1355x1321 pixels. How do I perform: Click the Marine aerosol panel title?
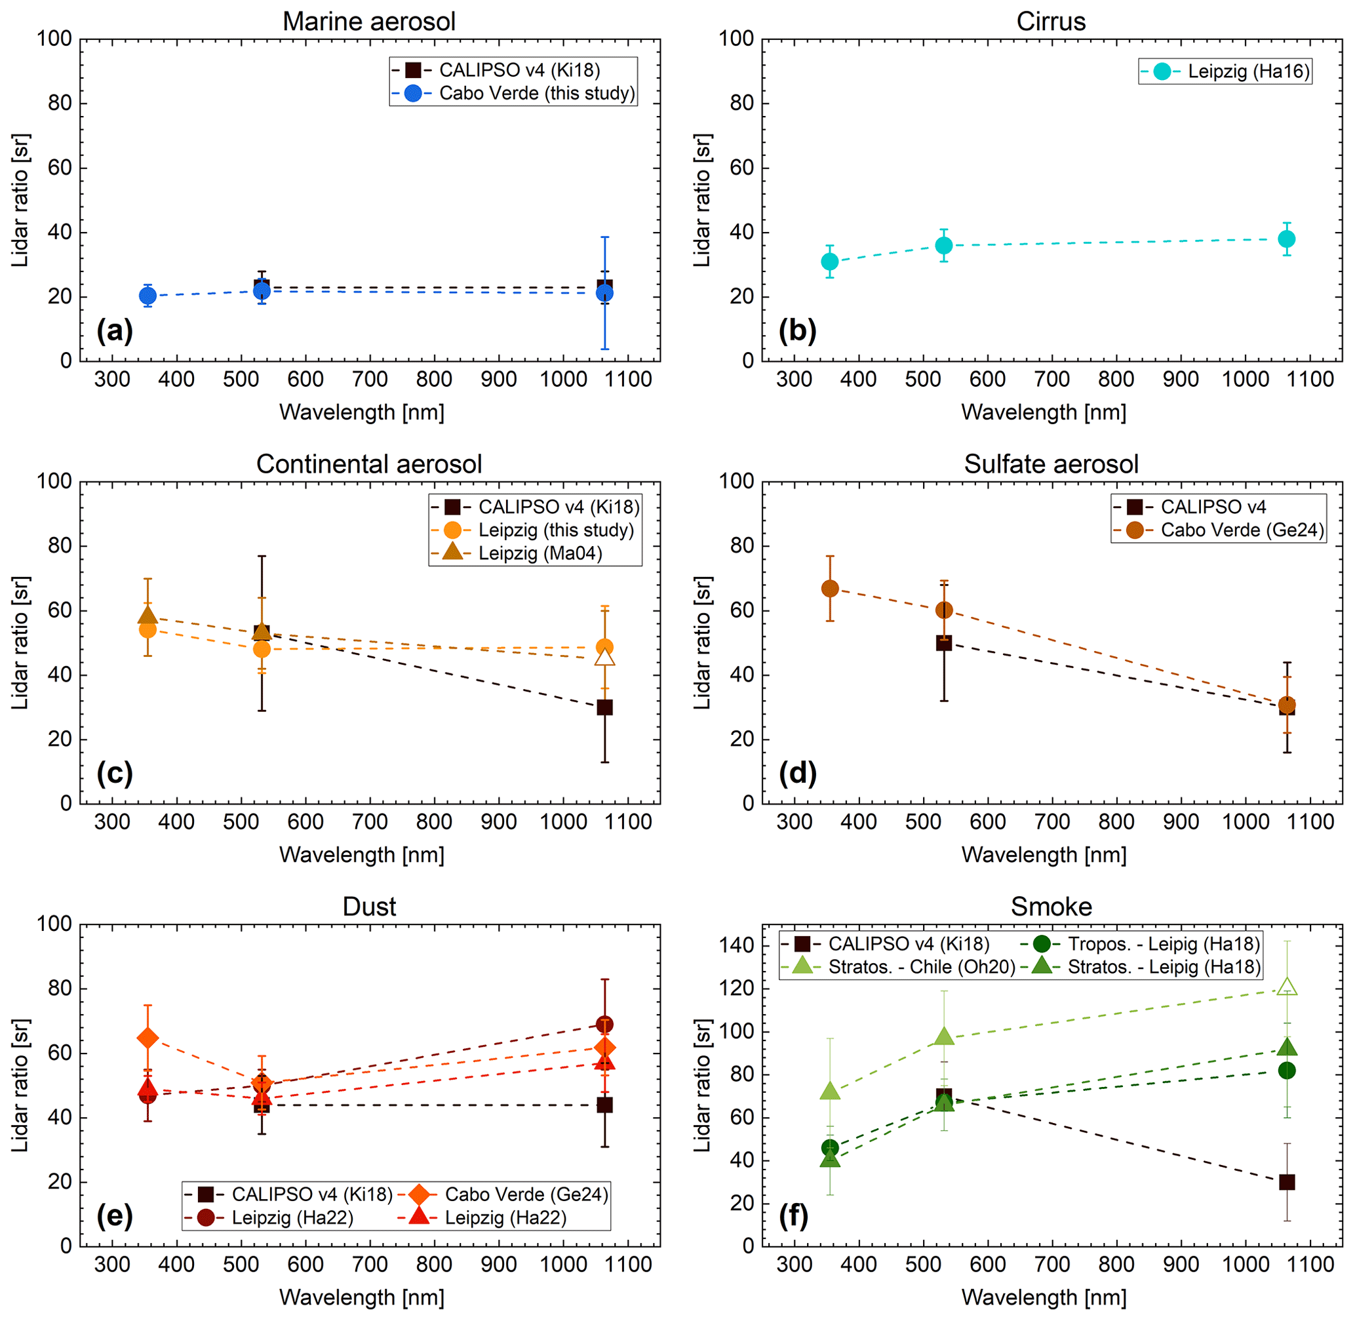[368, 22]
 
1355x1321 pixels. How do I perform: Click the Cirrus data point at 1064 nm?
[1286, 239]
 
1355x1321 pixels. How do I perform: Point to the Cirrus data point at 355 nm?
[830, 262]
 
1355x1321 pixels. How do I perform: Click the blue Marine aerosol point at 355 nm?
[147, 296]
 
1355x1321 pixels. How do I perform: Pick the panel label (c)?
[115, 773]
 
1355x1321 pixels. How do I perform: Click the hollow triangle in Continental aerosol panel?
[604, 656]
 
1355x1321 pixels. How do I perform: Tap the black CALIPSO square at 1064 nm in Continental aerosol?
[604, 707]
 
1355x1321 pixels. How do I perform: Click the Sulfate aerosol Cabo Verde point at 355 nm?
[830, 588]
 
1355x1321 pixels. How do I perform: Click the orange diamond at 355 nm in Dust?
[147, 1038]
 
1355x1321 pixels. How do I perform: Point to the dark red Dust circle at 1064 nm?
[604, 1025]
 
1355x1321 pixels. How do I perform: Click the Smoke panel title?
[1050, 907]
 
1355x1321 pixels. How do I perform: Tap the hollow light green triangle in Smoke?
[1286, 987]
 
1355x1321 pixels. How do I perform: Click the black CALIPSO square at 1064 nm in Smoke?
[1286, 1181]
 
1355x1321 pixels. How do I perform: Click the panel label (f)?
[795, 1215]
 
